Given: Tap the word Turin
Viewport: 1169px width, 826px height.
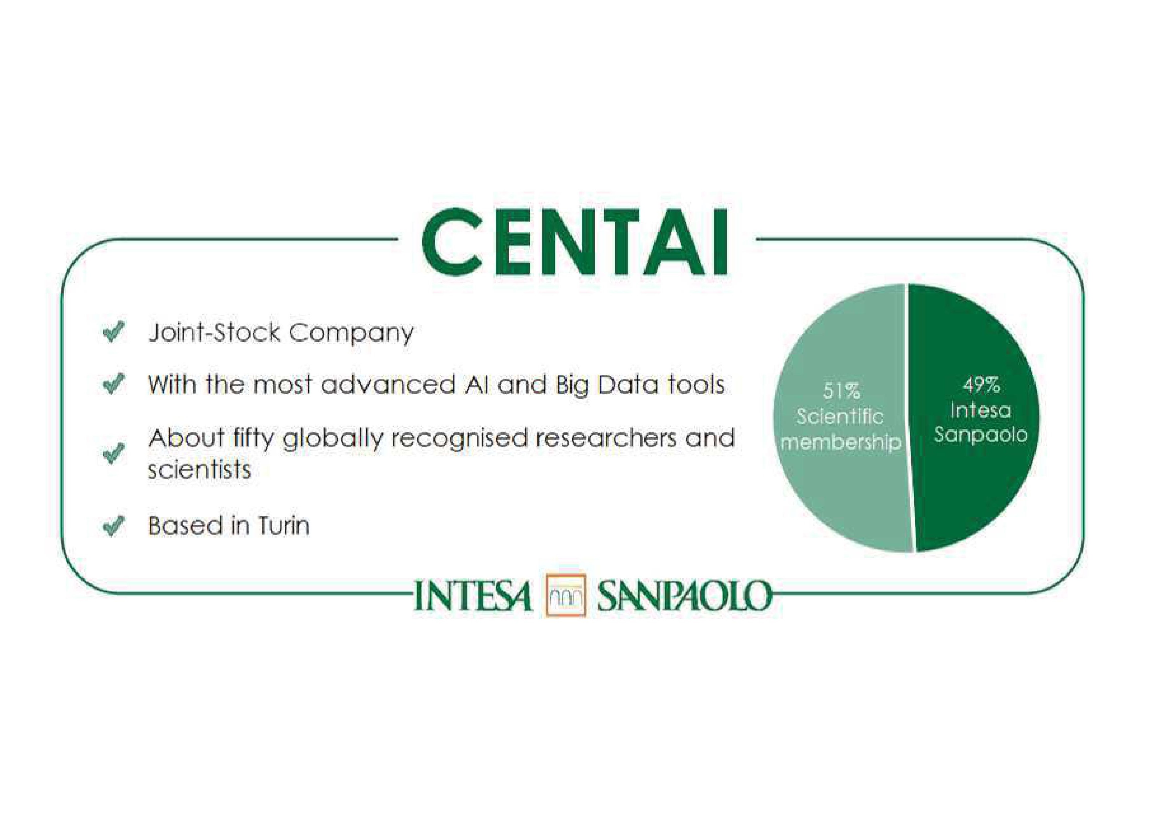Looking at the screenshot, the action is coord(284,526).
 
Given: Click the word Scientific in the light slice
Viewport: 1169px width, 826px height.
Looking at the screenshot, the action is coord(840,416).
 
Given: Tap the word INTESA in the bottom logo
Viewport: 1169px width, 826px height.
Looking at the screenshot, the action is coord(473,596).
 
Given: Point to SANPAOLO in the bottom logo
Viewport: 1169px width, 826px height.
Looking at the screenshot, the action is coord(684,596).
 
